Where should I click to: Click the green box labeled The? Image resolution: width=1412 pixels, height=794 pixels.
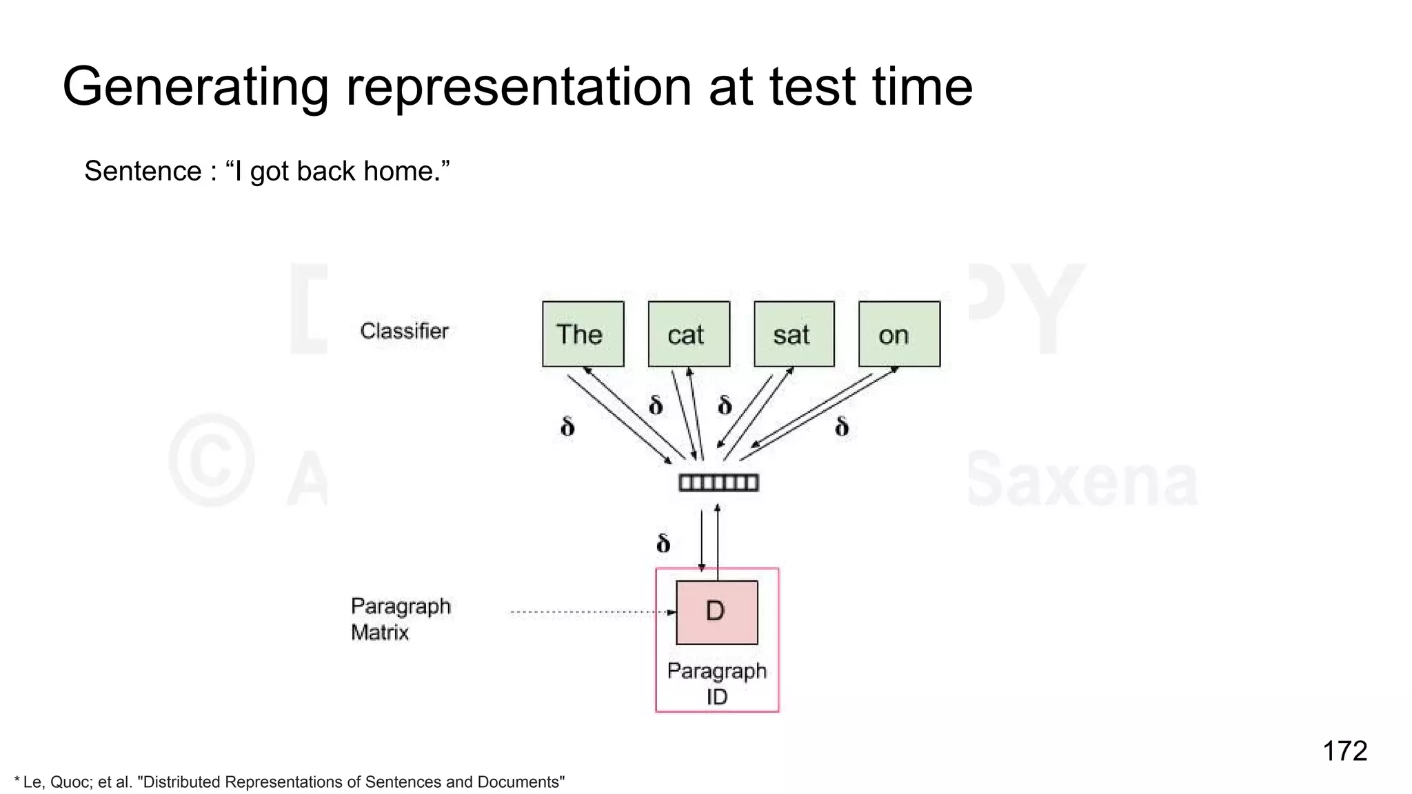(x=583, y=334)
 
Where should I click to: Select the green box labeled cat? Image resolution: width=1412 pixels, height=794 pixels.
(x=688, y=334)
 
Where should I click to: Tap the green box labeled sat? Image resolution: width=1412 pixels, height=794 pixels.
(x=794, y=334)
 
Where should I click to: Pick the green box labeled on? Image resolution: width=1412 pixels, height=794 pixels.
(x=898, y=334)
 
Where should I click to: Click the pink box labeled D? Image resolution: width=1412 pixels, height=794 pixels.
(x=716, y=612)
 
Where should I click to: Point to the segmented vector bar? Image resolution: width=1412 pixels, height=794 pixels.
(x=718, y=482)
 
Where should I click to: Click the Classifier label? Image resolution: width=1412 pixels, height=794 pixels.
(x=404, y=332)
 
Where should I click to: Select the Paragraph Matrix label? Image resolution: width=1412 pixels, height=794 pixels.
(x=400, y=619)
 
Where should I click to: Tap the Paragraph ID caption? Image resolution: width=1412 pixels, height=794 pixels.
(x=716, y=684)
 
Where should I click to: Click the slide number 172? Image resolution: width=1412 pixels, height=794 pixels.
(x=1344, y=751)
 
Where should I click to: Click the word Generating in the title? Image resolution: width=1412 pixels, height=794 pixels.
(x=195, y=88)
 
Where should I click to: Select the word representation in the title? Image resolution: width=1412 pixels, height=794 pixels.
(x=518, y=88)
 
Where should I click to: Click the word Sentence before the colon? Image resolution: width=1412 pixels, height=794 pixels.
(x=142, y=171)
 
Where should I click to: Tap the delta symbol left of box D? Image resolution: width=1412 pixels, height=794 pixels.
(x=663, y=543)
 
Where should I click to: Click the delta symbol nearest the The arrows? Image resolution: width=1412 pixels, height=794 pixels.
(x=567, y=427)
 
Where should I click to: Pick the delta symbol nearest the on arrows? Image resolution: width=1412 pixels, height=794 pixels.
(x=841, y=427)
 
